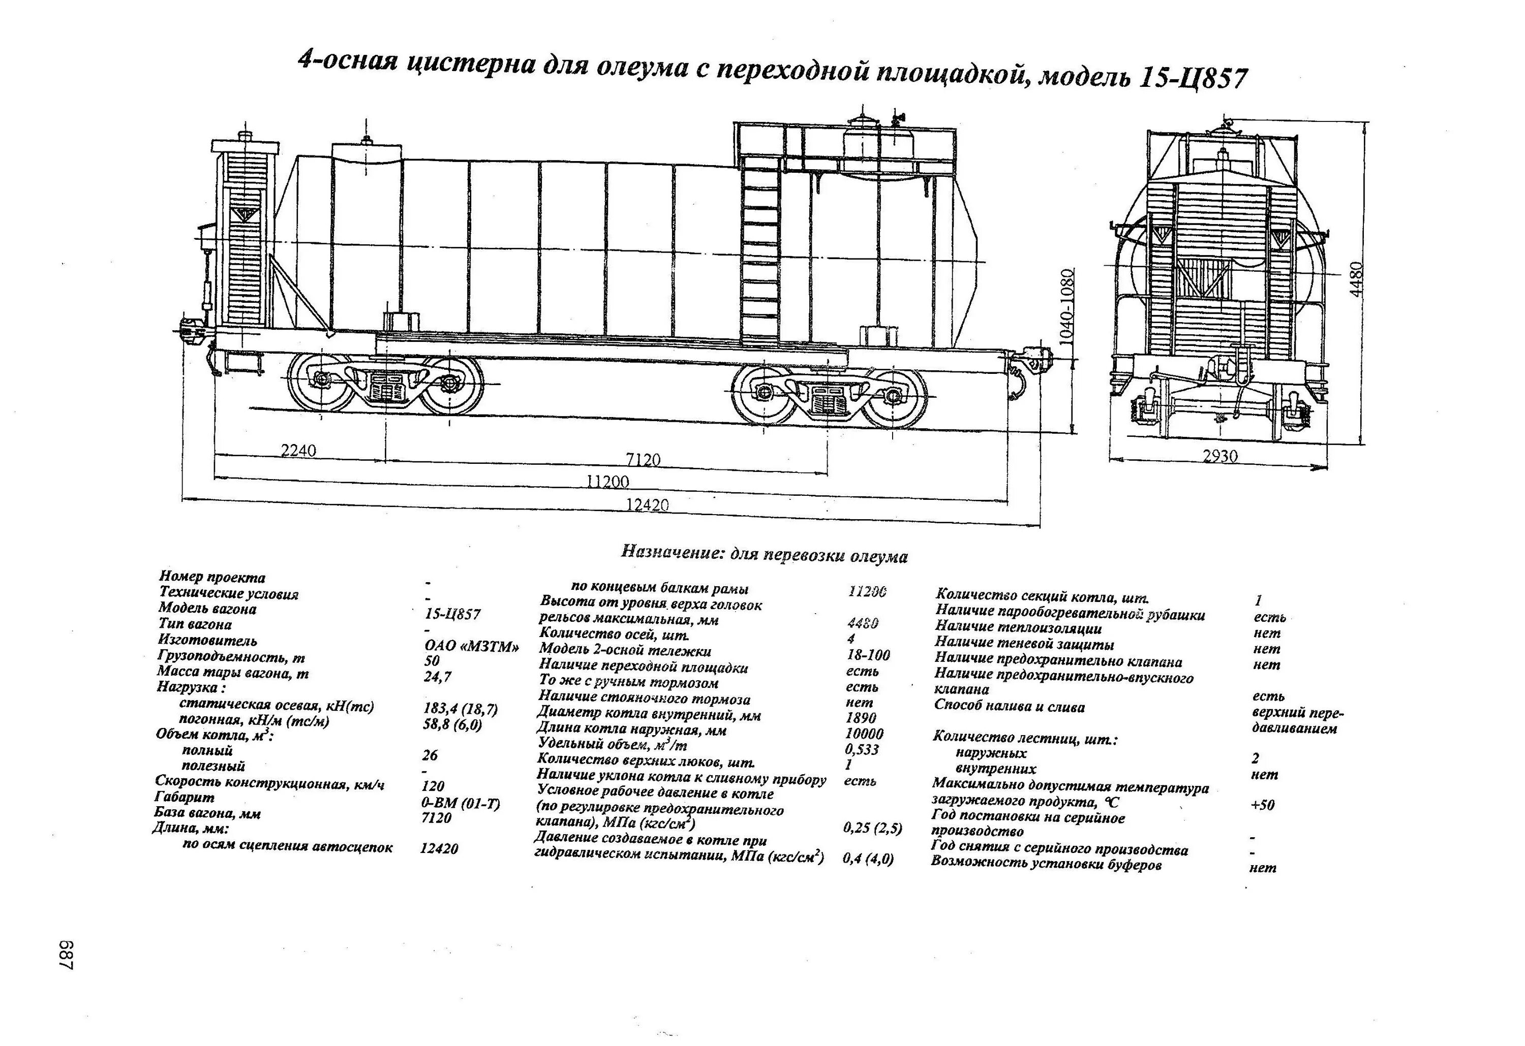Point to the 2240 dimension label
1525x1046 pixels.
298,450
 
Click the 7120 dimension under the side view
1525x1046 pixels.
643,459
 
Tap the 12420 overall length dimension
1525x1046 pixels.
648,504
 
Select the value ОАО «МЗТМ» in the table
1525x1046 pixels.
472,646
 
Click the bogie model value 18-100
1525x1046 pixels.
868,654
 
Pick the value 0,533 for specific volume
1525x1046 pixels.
862,749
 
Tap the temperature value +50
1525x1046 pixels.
1263,805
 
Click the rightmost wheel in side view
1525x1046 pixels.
894,397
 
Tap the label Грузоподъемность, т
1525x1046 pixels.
231,656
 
